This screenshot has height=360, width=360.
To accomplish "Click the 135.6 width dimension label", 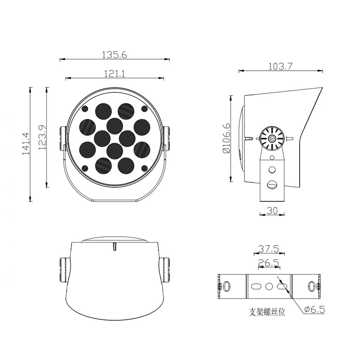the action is click(x=114, y=55).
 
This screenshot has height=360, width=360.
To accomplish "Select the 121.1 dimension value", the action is click(x=115, y=74).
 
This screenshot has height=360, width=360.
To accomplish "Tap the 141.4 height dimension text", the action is click(x=26, y=144).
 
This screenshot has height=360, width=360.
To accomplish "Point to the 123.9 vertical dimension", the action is click(x=42, y=137).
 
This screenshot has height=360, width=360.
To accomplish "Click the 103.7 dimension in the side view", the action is click(x=280, y=66).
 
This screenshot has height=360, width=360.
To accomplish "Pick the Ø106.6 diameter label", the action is click(x=226, y=138).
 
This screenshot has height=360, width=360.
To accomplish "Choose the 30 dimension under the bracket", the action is click(x=272, y=210).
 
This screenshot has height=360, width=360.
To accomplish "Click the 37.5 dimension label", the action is click(x=269, y=249).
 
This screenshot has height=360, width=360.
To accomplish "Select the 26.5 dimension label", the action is click(x=269, y=262).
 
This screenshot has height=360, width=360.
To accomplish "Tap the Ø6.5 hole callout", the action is click(x=315, y=309).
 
